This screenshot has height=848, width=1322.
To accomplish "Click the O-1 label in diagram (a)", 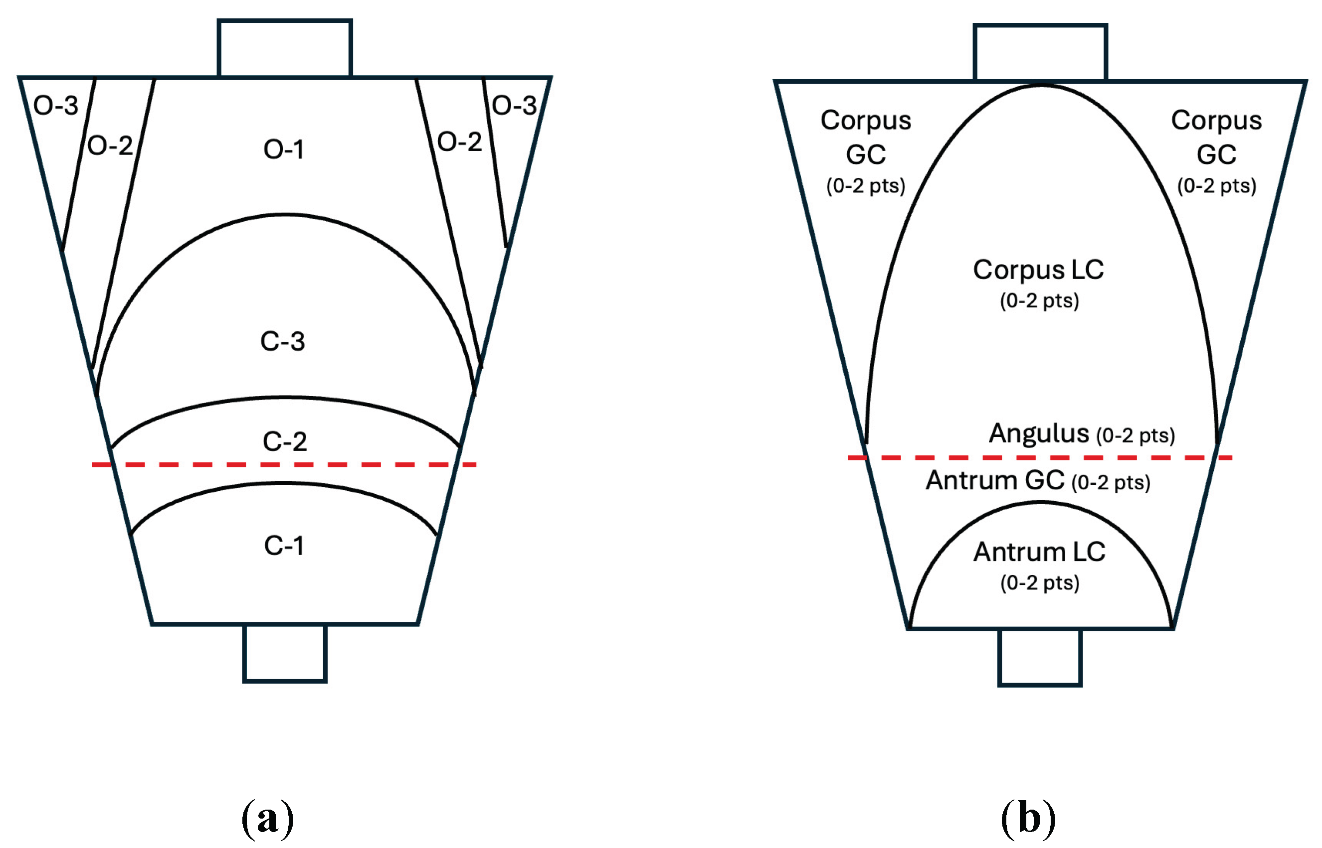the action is coord(284,149).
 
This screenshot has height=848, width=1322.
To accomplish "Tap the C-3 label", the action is coord(283,341).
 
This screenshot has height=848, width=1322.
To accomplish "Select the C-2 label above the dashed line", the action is coord(284,441).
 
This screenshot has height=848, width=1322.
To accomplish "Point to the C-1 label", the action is coord(284,546).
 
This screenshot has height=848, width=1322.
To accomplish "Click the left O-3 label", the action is coord(56,105).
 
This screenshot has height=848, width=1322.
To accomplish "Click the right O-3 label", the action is coord(514,105).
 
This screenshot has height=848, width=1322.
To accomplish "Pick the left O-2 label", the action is coord(110,145).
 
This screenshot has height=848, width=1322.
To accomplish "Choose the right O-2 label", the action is coord(460,141).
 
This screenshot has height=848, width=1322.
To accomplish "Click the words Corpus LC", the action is coord(1039,271).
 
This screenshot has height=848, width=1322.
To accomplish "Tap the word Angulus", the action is coord(1039,433).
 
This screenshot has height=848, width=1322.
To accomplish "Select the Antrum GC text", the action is coord(995,480).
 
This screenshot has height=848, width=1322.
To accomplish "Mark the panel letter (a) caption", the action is coord(268,819).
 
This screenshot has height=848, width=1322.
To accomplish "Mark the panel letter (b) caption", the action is coord(1028,819).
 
